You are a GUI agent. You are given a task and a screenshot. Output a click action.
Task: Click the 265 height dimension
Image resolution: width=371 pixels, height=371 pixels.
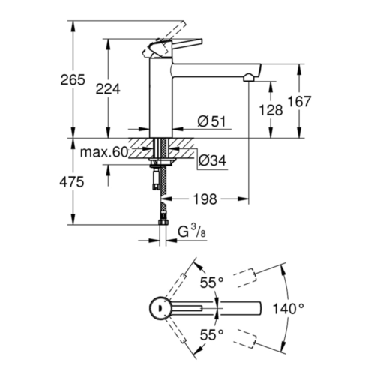click(73, 80)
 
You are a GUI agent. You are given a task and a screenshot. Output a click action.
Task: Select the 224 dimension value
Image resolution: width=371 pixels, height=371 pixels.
click(108, 89)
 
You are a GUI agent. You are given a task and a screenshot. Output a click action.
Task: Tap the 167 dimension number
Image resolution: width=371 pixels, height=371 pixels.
click(299, 101)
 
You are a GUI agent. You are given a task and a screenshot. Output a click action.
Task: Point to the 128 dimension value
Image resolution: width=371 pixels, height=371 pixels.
click(271, 110)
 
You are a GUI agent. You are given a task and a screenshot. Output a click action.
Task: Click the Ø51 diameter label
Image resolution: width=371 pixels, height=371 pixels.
click(211, 121)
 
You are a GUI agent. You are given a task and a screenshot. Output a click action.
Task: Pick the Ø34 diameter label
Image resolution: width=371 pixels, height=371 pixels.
click(212, 160)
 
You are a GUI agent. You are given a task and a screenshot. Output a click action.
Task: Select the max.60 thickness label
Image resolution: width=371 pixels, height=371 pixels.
click(104, 152)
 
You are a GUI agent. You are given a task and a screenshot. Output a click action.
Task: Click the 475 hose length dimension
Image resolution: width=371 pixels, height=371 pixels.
click(72, 182)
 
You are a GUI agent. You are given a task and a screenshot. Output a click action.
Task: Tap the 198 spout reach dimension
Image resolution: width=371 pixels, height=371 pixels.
click(205, 199)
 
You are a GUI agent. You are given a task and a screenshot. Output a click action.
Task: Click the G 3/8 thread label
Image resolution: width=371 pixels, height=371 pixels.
click(192, 231)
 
